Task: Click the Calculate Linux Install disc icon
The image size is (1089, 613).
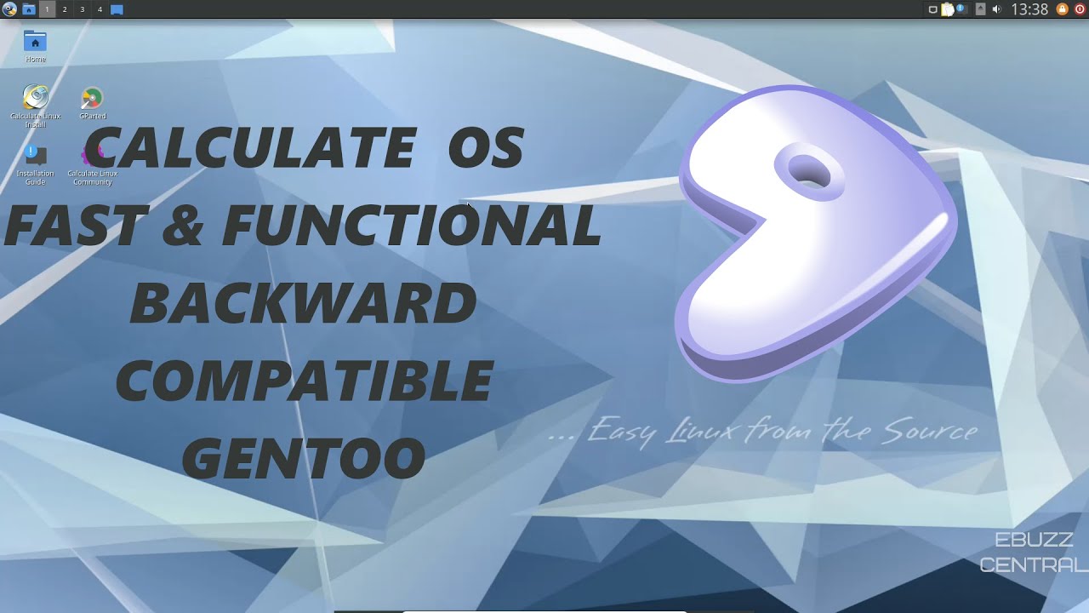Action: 36,98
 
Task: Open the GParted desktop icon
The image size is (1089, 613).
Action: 92,99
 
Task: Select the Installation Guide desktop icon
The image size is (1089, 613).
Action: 35,155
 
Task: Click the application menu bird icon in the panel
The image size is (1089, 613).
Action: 9,9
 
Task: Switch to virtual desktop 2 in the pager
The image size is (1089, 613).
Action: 65,9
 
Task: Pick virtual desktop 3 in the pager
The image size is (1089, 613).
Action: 82,9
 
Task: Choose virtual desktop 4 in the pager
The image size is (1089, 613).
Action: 100,9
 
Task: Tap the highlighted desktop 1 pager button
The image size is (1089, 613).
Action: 47,9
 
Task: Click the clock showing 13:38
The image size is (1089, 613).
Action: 1029,9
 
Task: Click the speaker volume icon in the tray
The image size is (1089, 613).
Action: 996,9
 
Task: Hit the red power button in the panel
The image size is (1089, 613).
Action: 1080,9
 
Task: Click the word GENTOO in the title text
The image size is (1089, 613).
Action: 304,458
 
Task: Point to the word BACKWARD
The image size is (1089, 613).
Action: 304,303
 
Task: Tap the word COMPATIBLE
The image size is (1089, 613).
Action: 304,381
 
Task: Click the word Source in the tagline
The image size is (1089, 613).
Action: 929,431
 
